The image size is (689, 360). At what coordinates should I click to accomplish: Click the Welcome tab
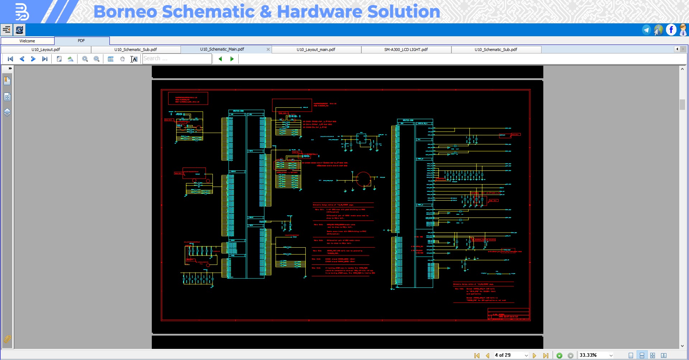(27, 41)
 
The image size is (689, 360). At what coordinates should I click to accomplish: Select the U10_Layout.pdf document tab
(46, 50)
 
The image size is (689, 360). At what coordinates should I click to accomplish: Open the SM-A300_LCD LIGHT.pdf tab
(406, 50)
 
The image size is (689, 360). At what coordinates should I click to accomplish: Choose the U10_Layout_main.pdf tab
(316, 50)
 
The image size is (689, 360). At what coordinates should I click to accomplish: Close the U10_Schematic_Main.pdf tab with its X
(268, 50)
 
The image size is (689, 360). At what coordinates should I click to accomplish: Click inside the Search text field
(177, 59)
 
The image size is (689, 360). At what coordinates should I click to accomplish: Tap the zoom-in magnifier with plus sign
(85, 59)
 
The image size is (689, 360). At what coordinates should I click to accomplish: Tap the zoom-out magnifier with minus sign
(97, 59)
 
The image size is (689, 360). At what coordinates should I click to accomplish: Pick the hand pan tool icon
(122, 59)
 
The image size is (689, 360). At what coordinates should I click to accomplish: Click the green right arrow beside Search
(232, 59)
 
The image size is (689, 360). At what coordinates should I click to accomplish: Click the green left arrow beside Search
(220, 59)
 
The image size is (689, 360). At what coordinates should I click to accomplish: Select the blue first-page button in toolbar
(10, 59)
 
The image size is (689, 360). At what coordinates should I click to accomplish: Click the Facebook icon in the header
(671, 30)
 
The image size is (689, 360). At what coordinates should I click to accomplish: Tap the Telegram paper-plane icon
(646, 30)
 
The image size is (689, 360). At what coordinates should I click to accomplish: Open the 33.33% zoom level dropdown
(611, 355)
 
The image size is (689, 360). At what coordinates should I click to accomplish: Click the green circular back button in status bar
(559, 355)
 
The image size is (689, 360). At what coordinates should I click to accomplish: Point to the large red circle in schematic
(363, 179)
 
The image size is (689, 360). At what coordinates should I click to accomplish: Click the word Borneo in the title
(125, 11)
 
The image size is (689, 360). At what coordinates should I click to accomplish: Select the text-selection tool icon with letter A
(134, 59)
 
